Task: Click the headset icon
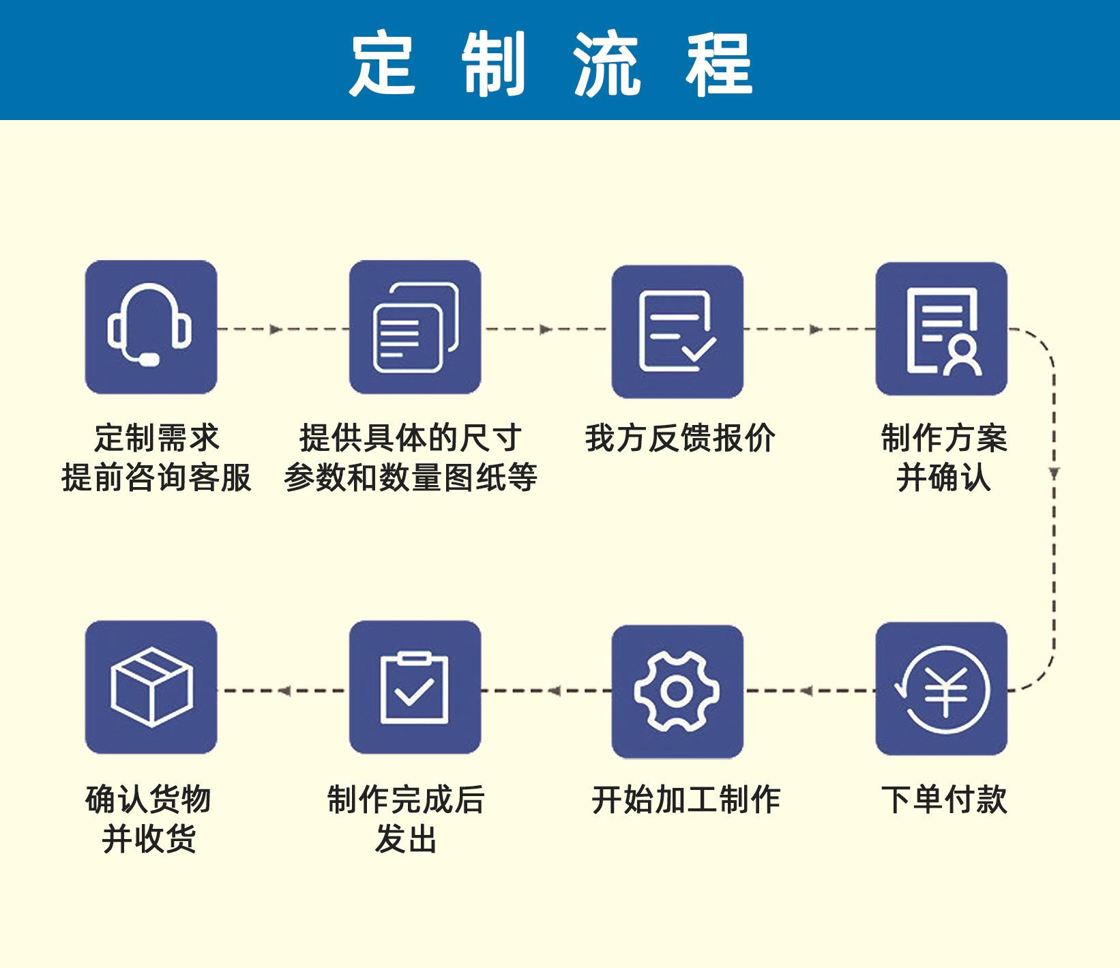pos(151,327)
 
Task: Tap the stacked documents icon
pos(415,327)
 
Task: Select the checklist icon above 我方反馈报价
pos(677,332)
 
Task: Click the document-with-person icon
pos(941,329)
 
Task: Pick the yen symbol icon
pos(941,689)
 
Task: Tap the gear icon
pos(677,691)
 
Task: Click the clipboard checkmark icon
pos(415,687)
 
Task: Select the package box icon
pos(151,687)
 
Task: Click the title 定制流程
pos(551,65)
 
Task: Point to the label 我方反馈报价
pos(680,439)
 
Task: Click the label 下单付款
pos(943,800)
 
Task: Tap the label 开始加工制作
pos(686,800)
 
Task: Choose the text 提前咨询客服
pos(157,478)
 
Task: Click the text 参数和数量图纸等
pos(411,478)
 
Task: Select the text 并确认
pos(943,478)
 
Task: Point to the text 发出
pos(406,839)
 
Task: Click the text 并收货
pos(149,839)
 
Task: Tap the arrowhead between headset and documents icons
pos(276,329)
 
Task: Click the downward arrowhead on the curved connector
pos(1054,473)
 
